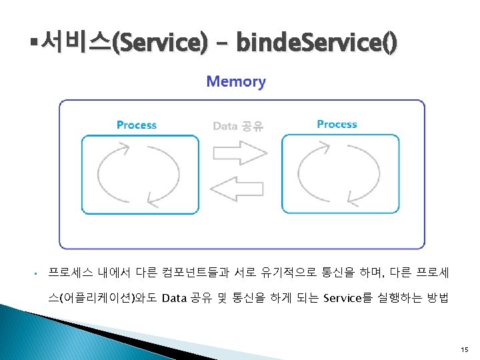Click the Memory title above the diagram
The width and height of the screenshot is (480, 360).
point(236,82)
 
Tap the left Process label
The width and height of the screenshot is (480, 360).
point(137,125)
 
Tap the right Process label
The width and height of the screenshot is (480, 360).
point(337,125)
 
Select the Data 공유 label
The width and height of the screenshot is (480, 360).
point(237,126)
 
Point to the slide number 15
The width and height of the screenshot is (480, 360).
point(464,349)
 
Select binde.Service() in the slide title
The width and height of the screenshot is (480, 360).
point(317,45)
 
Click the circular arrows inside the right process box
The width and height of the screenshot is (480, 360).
point(341,173)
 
